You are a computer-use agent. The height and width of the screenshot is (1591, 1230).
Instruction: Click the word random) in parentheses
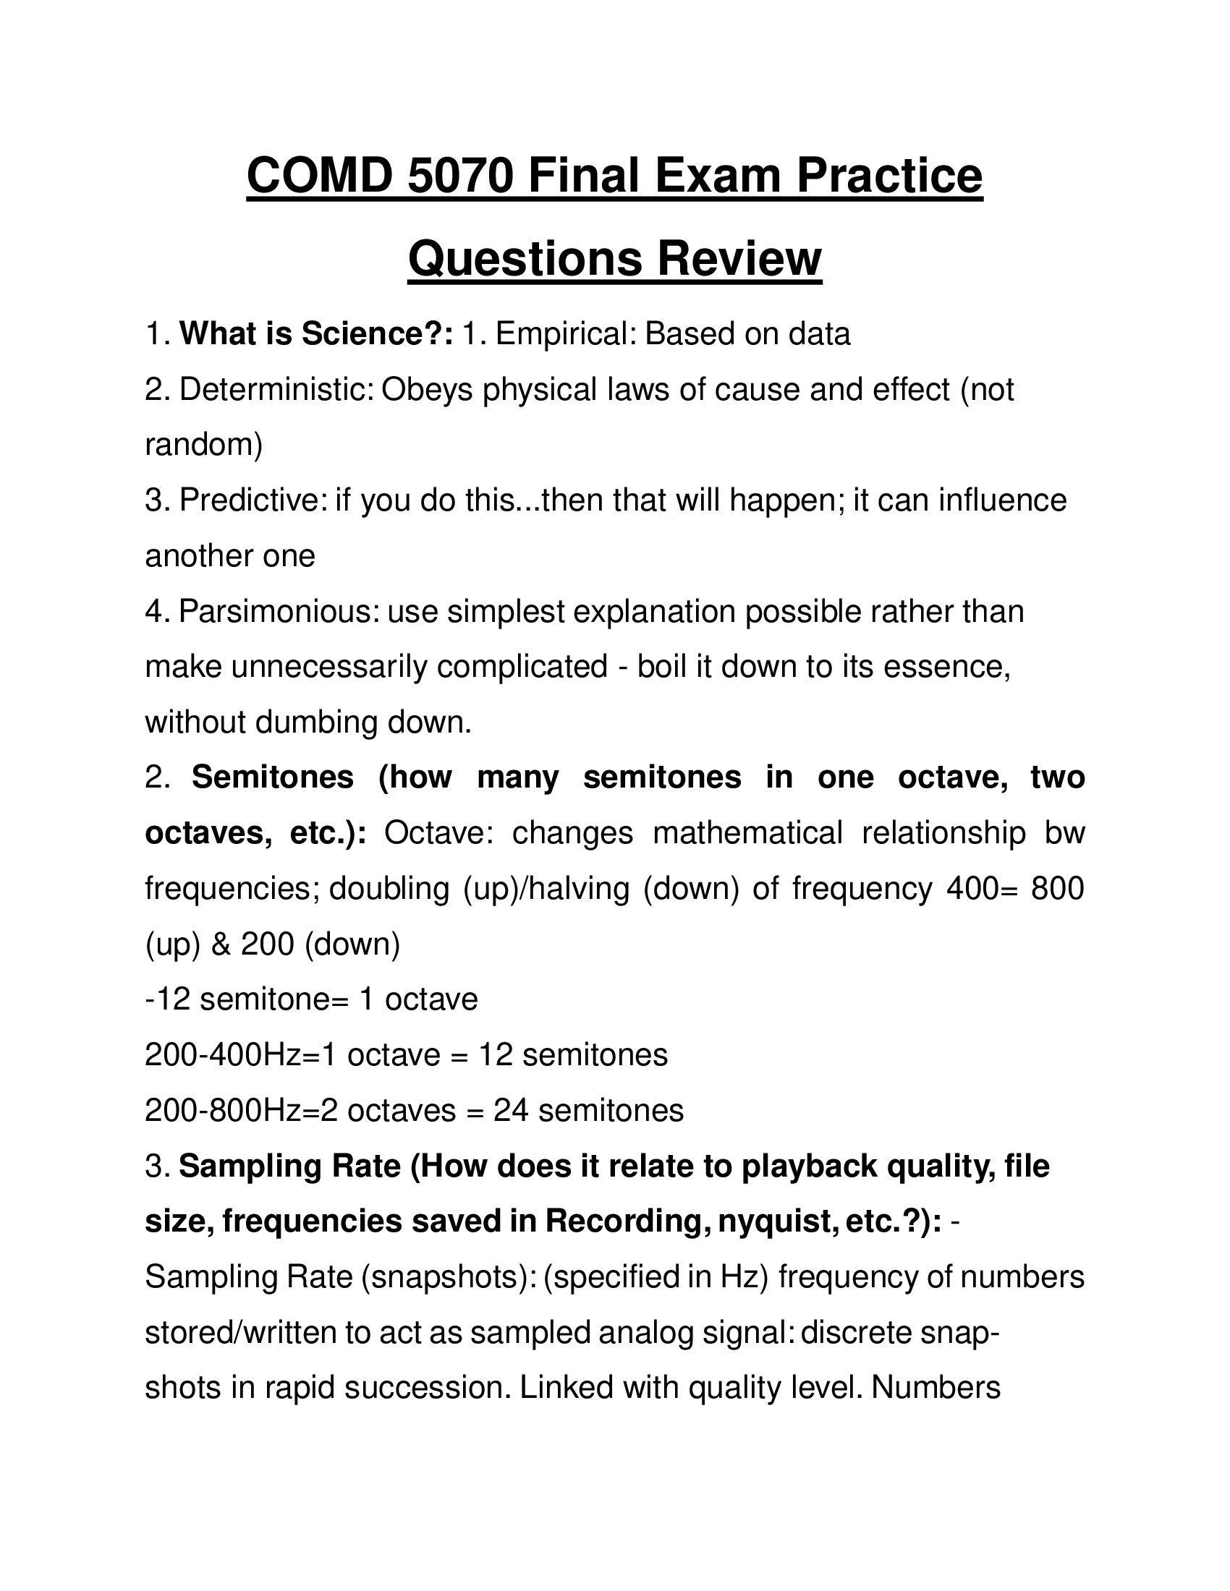pyautogui.click(x=203, y=444)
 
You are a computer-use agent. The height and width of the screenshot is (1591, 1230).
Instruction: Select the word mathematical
pyautogui.click(x=747, y=832)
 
